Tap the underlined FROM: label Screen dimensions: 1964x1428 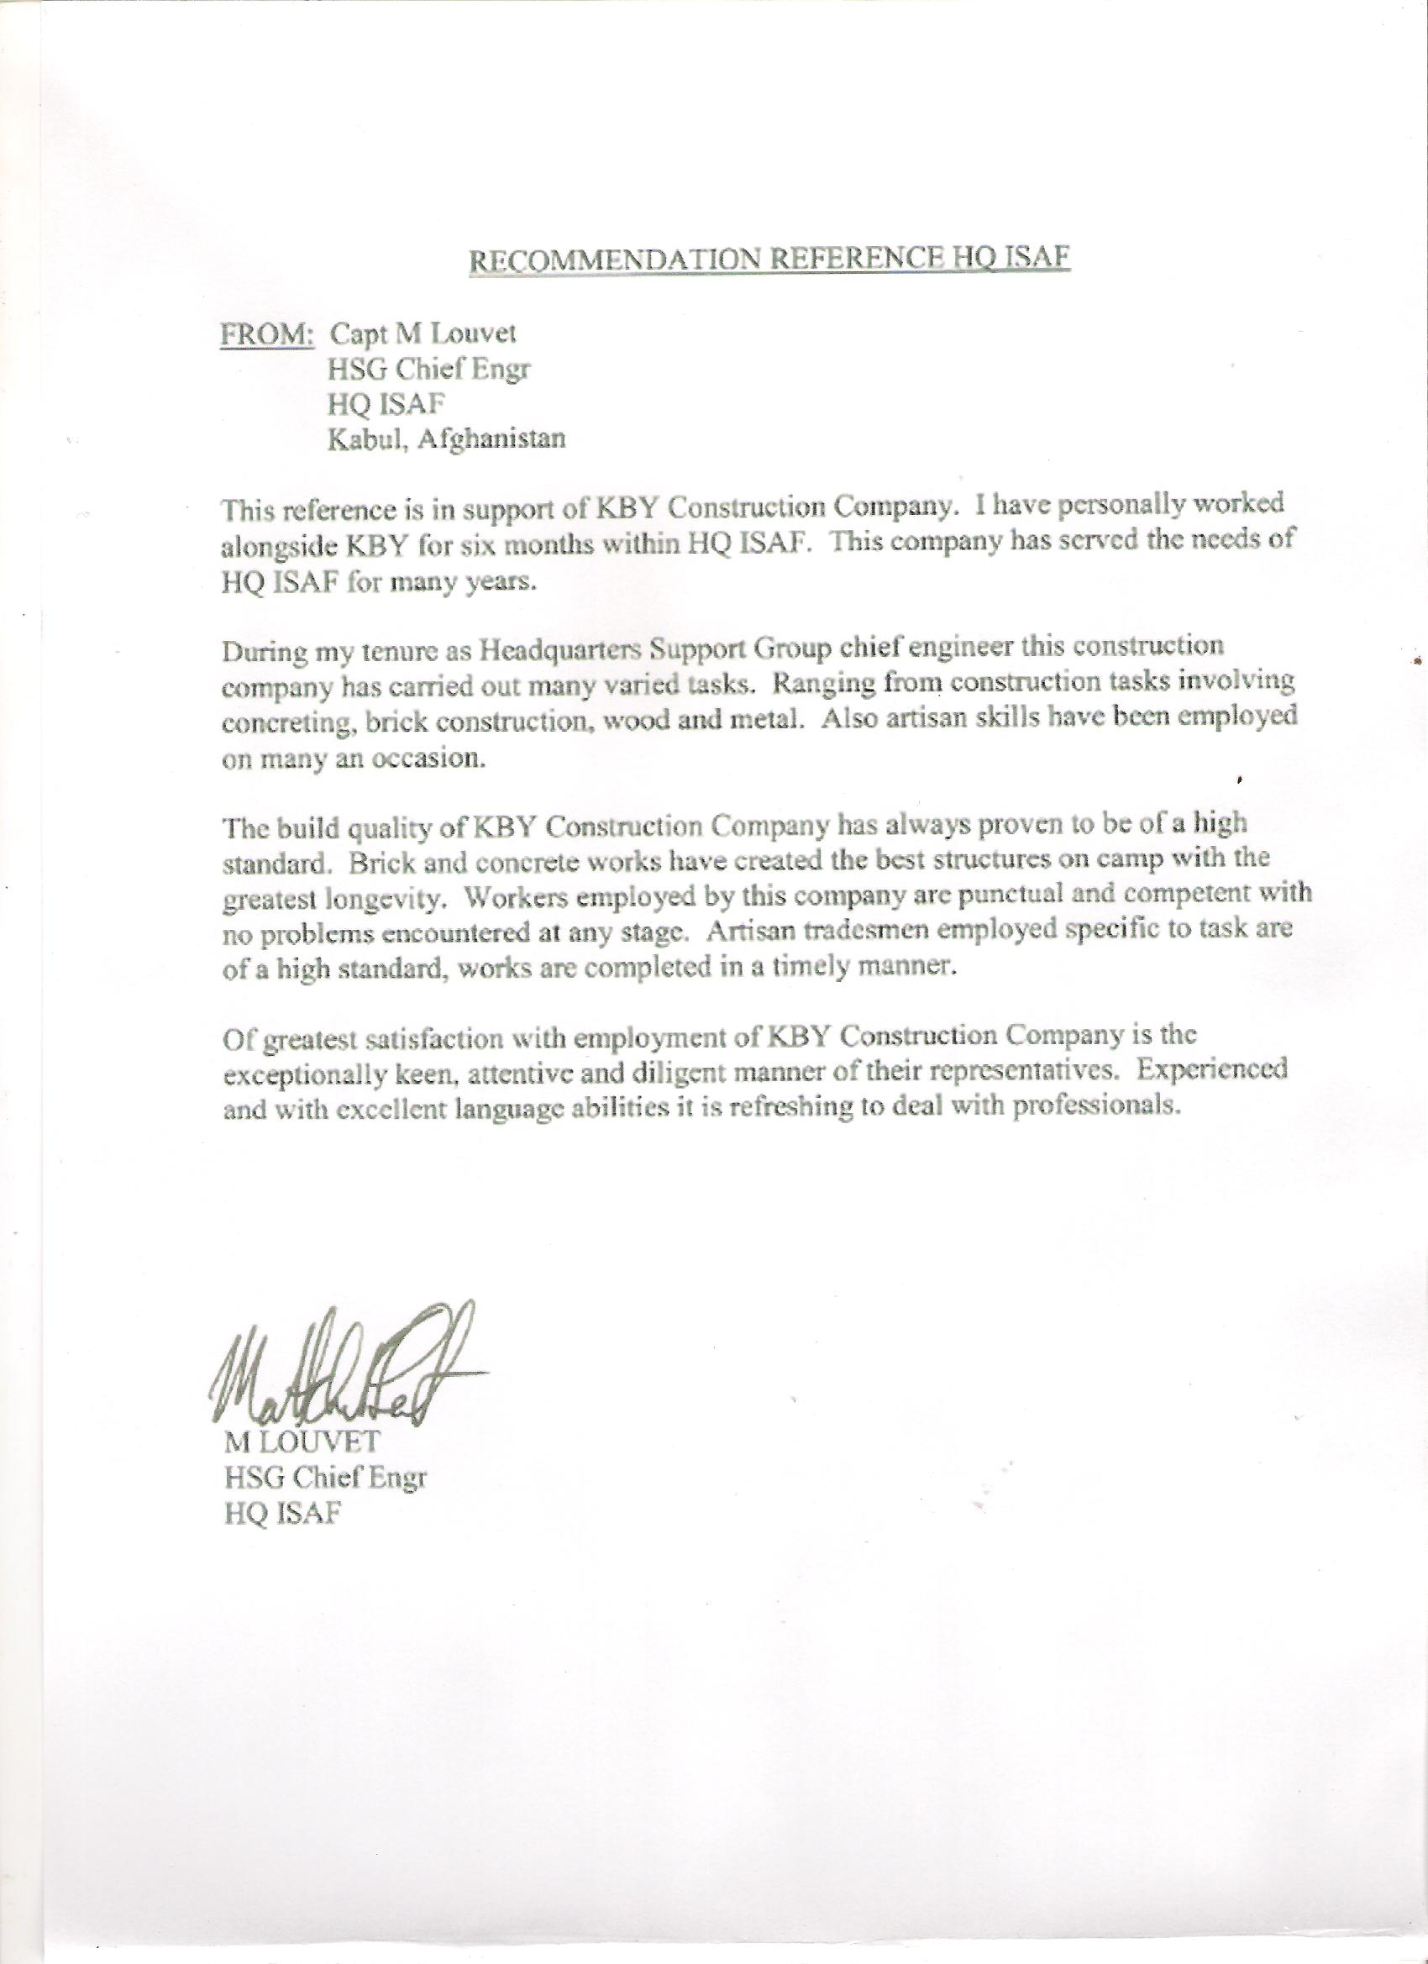(x=267, y=335)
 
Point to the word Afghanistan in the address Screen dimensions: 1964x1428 (x=492, y=439)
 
